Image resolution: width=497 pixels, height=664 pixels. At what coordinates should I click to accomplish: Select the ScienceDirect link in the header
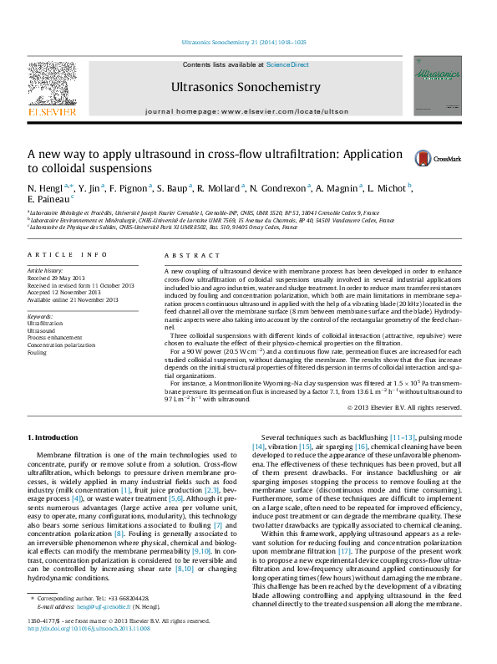[x=287, y=64]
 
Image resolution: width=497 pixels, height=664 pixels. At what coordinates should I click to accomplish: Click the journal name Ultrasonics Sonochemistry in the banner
[x=246, y=87]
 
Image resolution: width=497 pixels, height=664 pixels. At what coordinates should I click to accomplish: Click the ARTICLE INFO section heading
[x=67, y=254]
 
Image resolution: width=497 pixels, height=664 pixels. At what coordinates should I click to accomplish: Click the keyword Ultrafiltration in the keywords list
[x=45, y=323]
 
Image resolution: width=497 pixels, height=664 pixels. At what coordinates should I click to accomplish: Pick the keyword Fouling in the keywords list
[x=38, y=353]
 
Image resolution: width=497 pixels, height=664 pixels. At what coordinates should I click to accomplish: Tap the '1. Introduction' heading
[x=55, y=438]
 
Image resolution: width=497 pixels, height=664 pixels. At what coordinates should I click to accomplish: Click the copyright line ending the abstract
[x=403, y=407]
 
